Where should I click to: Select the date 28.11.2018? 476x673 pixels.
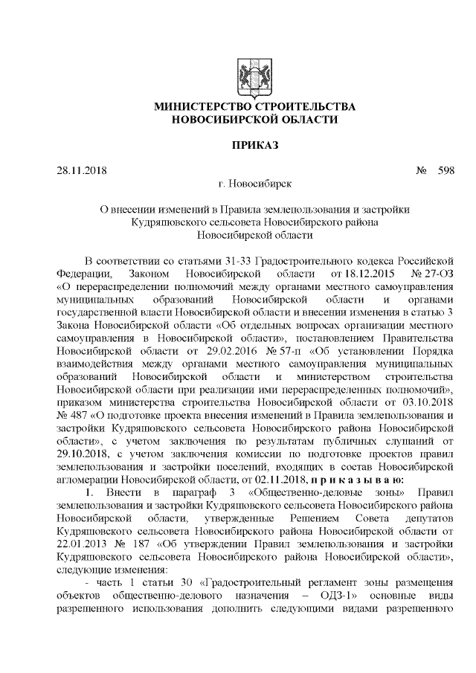tap(82, 170)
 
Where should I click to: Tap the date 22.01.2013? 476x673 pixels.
tap(82, 542)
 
